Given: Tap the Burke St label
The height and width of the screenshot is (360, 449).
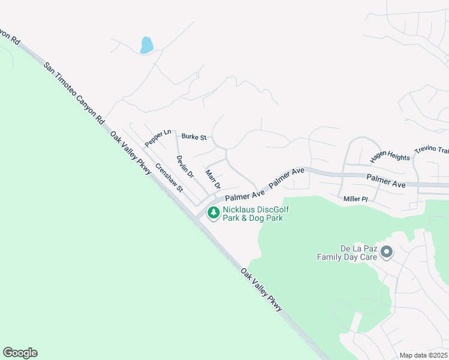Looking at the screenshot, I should (x=194, y=137).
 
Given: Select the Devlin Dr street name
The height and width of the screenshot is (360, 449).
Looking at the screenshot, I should (x=185, y=166).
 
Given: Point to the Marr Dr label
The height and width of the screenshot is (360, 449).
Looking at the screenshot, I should (x=213, y=178).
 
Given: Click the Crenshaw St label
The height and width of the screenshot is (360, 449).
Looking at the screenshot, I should (x=169, y=177).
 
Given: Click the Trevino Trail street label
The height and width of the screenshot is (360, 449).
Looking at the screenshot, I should (x=432, y=152).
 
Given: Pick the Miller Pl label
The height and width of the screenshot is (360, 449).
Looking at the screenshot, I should (x=355, y=199).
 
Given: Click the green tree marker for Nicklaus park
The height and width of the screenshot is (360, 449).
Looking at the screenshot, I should (x=213, y=212).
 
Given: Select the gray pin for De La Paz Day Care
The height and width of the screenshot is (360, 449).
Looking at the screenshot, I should (x=386, y=252).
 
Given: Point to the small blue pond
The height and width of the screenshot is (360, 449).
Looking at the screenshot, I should (x=146, y=45).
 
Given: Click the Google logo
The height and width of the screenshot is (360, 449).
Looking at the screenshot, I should (x=20, y=353).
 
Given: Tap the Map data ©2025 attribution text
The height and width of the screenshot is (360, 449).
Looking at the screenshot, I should (x=423, y=355).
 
